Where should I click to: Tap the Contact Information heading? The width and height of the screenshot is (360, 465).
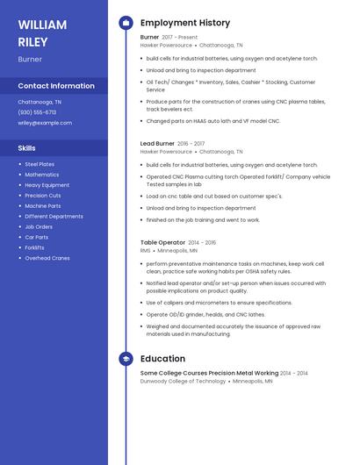pos(56,86)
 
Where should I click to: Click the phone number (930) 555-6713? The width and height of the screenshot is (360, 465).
pos(37,112)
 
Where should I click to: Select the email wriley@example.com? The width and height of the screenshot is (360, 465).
pos(45,123)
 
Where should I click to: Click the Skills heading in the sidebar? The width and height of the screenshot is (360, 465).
pos(26,148)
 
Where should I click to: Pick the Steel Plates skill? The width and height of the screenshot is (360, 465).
pos(40,164)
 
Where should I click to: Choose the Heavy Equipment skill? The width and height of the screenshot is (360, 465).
pos(47,185)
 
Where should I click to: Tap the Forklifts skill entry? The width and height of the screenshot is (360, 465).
pos(34,247)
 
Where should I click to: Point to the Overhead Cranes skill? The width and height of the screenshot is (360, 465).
pos(47,258)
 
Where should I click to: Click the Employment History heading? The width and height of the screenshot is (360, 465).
pos(185,23)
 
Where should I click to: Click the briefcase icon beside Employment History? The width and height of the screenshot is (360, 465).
pos(126,23)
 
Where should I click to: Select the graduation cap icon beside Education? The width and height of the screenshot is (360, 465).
pos(126,359)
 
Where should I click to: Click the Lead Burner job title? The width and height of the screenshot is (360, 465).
pos(157,143)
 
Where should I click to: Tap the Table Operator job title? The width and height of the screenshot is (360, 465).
pos(162,242)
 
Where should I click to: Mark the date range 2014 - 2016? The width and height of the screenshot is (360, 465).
pos(202,242)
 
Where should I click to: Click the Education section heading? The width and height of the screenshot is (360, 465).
pos(162,359)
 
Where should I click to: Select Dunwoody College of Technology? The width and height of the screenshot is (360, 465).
pos(183,382)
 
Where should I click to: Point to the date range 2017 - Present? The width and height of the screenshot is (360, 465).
pos(180,37)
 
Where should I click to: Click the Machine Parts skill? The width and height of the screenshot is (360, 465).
pos(42,206)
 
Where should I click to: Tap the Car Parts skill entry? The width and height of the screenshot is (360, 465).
pos(36,237)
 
